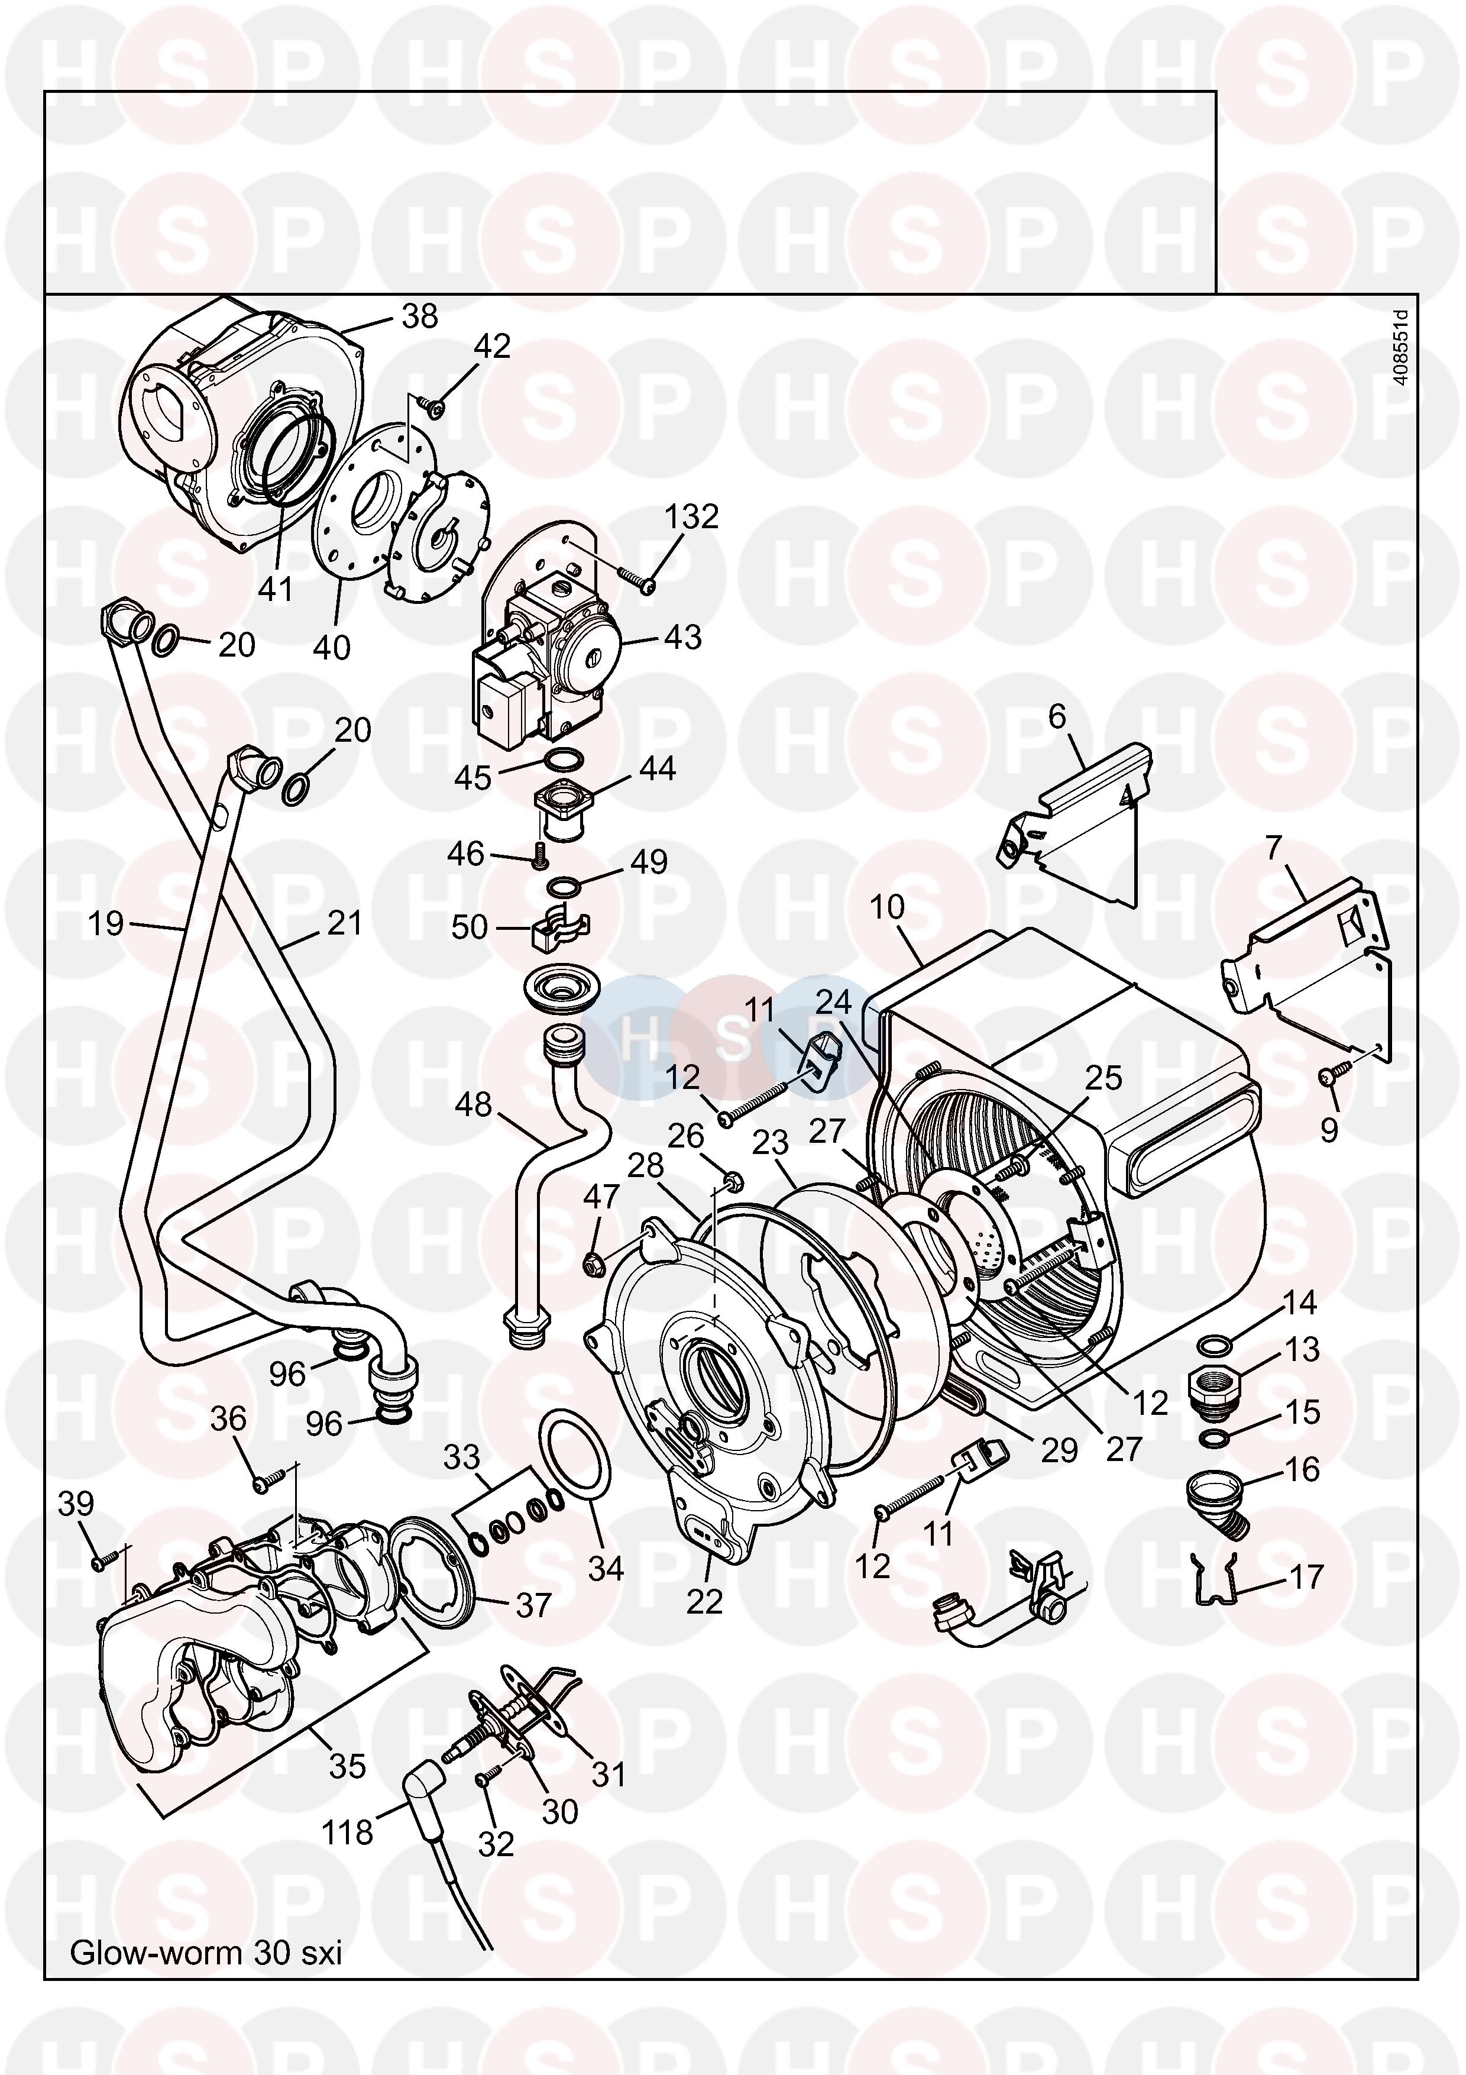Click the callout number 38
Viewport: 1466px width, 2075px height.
[419, 316]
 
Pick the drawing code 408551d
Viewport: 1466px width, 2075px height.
[1399, 347]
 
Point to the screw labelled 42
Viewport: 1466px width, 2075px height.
[437, 409]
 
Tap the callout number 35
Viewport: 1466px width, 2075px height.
[348, 1766]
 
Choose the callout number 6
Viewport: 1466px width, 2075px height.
[1057, 717]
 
